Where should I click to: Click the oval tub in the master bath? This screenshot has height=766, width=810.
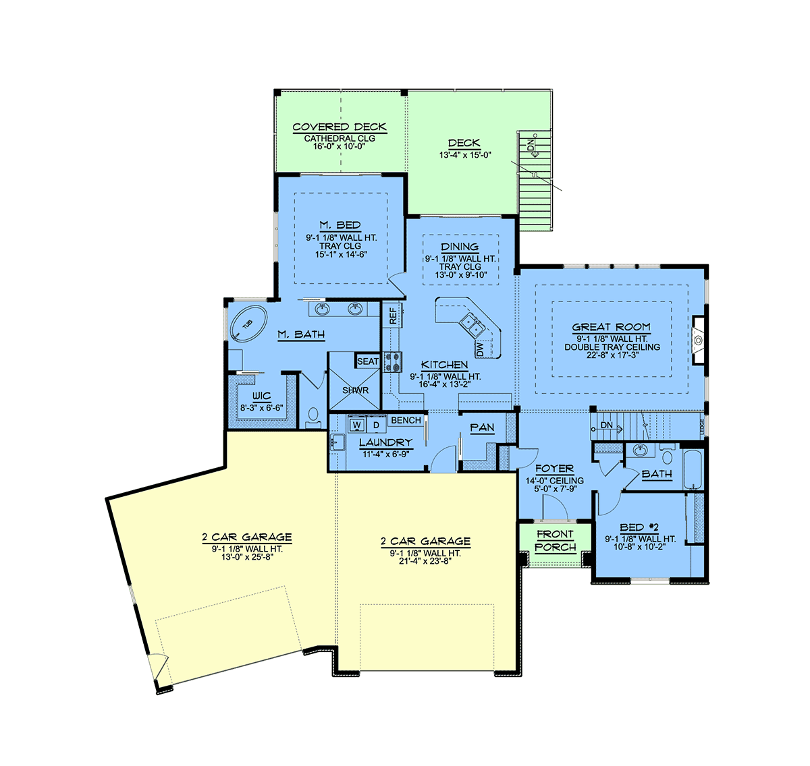coord(248,323)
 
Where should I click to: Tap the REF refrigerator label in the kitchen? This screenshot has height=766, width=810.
coord(393,316)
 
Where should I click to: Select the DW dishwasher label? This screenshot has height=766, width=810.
coord(479,350)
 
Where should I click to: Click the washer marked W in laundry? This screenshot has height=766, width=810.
coord(357,424)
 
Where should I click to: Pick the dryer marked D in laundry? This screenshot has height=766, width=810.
coord(376,424)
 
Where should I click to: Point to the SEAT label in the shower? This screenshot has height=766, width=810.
coord(367,361)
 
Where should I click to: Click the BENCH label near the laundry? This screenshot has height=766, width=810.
coord(406,420)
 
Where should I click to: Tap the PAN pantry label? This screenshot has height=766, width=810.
coord(482,428)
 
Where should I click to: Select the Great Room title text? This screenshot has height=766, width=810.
coord(611,327)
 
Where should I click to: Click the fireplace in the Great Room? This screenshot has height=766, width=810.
coord(699,340)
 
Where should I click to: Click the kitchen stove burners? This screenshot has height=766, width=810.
coord(391,362)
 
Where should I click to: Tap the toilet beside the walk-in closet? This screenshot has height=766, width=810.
coord(313,416)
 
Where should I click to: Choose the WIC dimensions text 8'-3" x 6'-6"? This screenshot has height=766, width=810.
coord(262,408)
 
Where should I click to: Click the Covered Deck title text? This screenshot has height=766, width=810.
coord(340,127)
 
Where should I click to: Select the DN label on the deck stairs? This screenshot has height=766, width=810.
coord(531,144)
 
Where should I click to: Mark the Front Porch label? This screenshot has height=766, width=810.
coord(555,540)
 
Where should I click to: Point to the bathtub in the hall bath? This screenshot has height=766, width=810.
coord(693,469)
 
